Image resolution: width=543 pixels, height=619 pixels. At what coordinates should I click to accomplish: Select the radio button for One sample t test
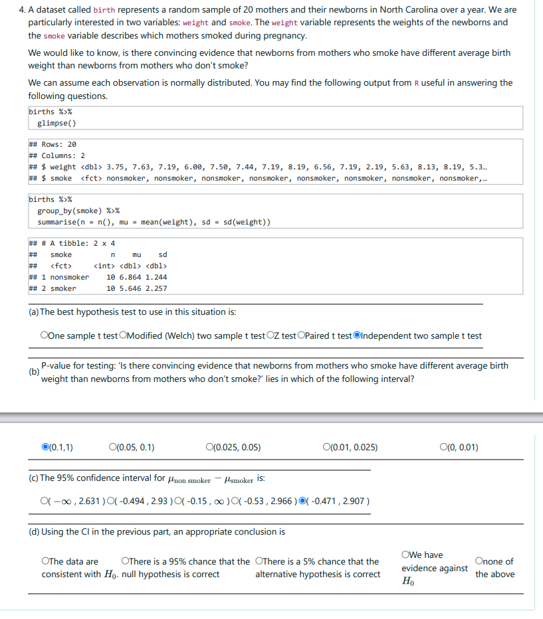44,336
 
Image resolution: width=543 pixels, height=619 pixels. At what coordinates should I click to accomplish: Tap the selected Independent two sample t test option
358,336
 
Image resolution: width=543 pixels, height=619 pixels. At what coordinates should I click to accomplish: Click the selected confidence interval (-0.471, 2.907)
303,500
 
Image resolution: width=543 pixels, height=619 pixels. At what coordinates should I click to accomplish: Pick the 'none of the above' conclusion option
479,561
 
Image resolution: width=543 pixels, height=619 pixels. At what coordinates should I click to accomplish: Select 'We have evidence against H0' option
405,555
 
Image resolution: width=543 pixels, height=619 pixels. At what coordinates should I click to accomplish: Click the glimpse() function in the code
56,123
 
